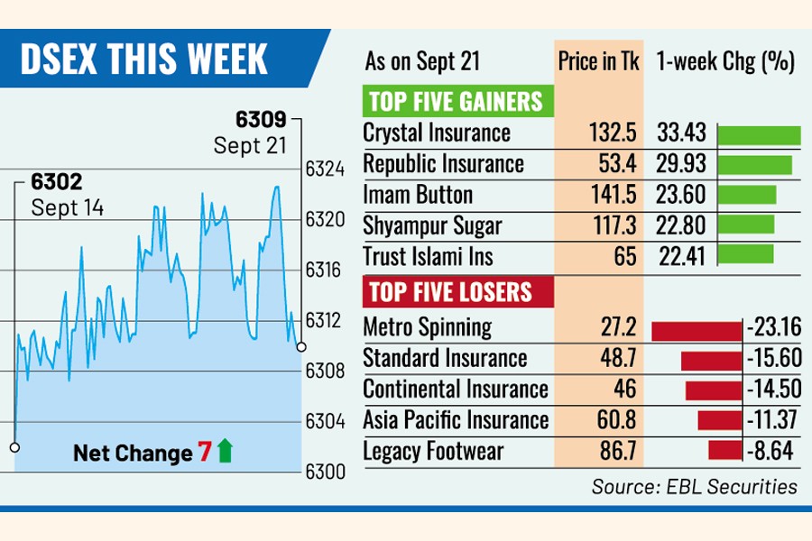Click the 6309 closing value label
pos(261,118)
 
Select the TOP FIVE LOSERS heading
pos(448,292)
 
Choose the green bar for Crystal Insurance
pos(759,135)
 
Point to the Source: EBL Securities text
pos(694,487)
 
